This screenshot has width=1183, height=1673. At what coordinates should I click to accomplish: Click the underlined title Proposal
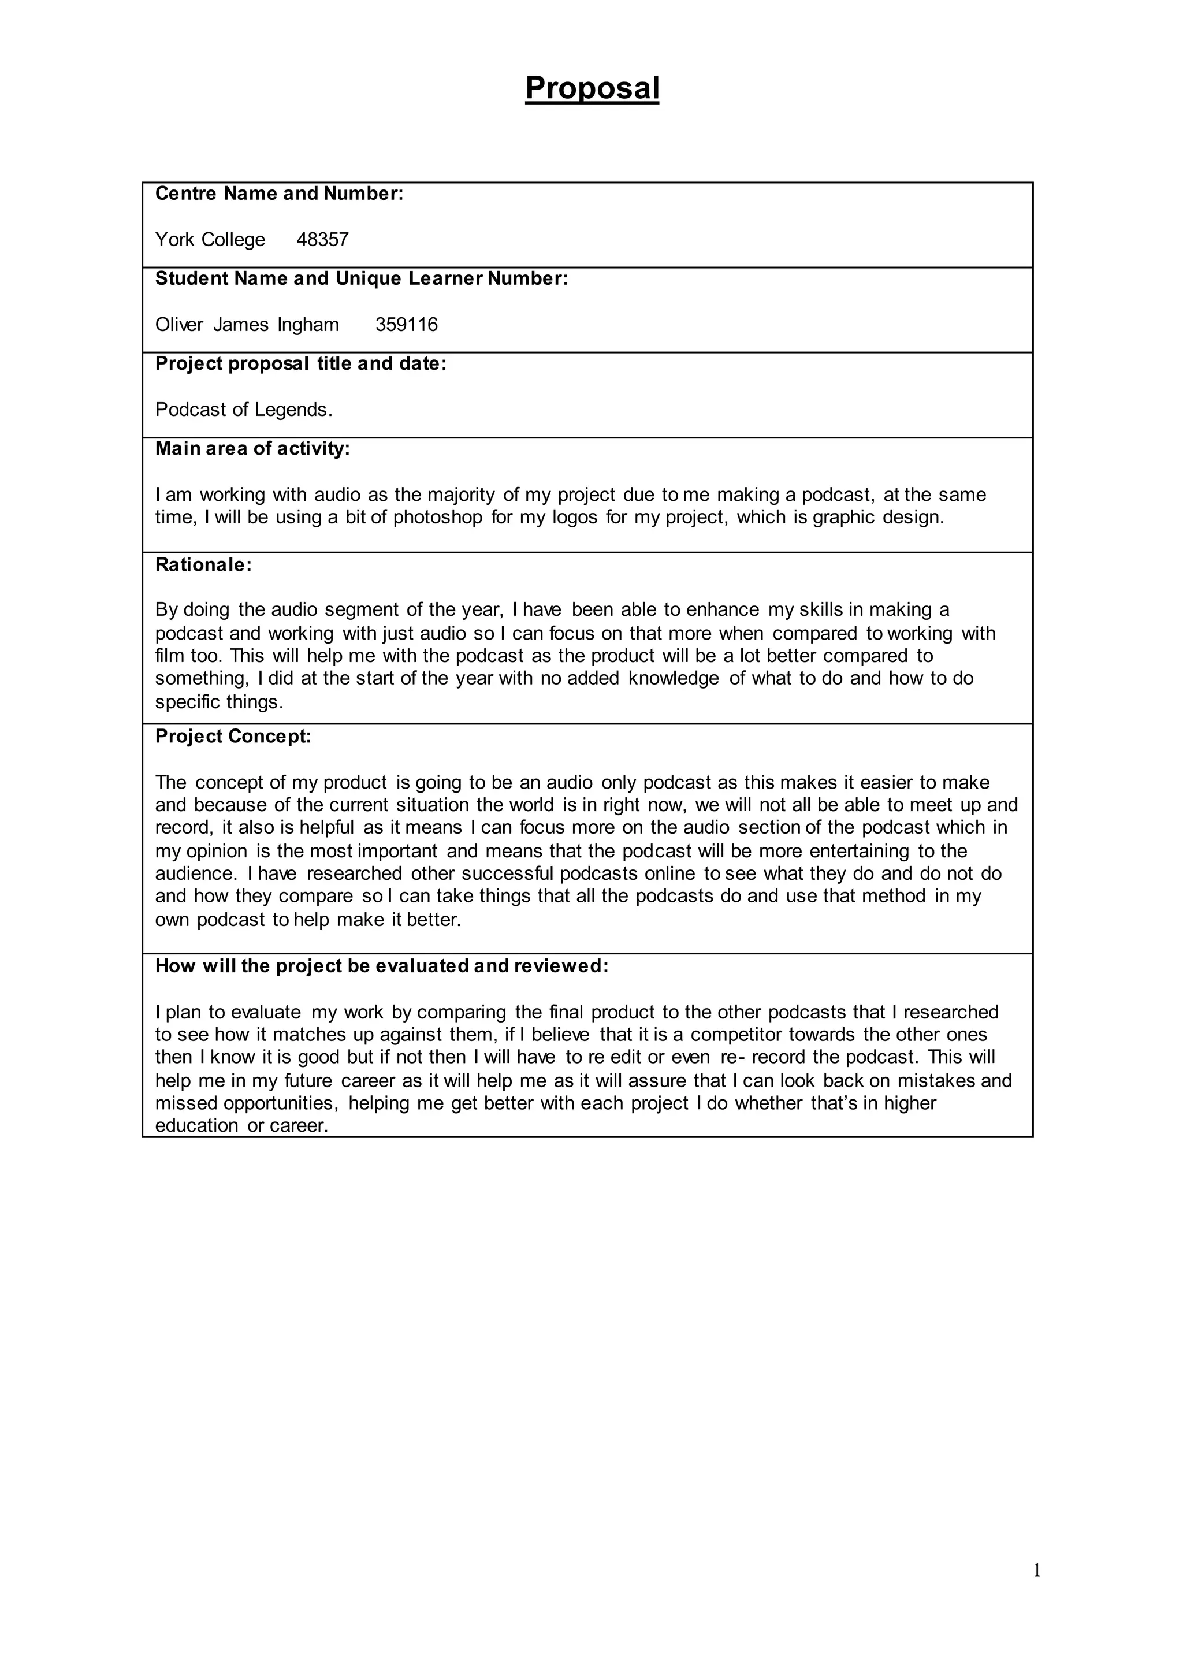tap(591, 88)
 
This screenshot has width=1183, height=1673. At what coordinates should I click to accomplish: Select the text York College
tap(210, 240)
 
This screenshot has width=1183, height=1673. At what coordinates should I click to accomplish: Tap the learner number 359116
tap(407, 325)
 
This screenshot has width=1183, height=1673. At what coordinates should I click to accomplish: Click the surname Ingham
tap(307, 325)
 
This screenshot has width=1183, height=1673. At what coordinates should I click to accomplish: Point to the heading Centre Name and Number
tap(279, 194)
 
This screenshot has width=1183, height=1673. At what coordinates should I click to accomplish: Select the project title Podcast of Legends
tap(243, 410)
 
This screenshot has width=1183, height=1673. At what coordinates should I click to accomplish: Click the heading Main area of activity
tap(252, 449)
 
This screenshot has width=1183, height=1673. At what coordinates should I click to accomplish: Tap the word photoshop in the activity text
tap(438, 518)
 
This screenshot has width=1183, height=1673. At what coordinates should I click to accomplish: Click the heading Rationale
tap(203, 566)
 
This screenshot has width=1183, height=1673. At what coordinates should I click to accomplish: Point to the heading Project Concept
tap(233, 737)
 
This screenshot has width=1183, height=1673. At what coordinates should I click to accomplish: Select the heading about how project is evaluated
tap(381, 966)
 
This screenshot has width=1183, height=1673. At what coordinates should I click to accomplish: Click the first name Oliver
tap(179, 325)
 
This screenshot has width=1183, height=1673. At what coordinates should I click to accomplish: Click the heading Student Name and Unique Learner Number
tap(361, 279)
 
